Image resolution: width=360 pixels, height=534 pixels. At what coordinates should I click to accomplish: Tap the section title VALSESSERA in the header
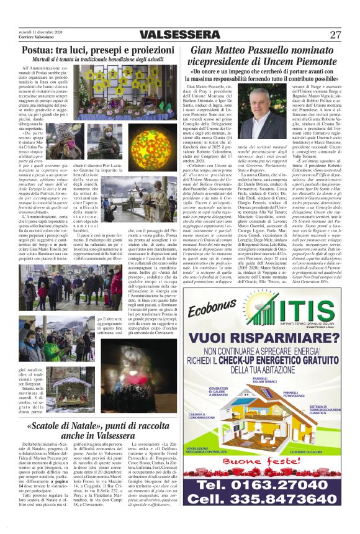pos(179,35)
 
